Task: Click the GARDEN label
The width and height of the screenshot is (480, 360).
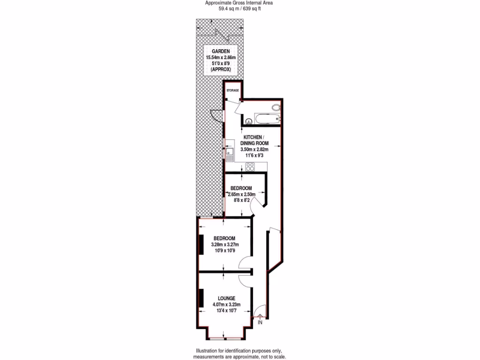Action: (220, 51)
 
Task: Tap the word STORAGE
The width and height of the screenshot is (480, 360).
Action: (232, 90)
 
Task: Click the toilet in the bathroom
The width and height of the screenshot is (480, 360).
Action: (277, 108)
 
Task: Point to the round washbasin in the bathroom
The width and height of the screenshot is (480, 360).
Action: (247, 120)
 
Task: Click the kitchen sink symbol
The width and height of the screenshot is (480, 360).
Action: (230, 153)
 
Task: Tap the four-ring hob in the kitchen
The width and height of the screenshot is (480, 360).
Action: (250, 166)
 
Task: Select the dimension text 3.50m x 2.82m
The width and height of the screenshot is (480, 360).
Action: (254, 149)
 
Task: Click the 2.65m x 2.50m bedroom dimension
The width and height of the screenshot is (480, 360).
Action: (241, 194)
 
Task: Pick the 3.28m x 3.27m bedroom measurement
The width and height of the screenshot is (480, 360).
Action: (225, 244)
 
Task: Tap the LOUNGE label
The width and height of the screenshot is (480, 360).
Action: (226, 298)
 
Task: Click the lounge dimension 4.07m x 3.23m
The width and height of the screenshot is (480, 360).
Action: (226, 304)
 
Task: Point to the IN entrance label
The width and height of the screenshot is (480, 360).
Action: (260, 322)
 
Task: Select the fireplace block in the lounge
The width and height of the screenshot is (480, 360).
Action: (201, 298)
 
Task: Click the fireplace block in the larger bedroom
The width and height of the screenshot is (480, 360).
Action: (201, 244)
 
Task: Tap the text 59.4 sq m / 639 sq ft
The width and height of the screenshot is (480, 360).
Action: (240, 8)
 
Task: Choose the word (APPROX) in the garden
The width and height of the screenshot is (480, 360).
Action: (220, 69)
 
